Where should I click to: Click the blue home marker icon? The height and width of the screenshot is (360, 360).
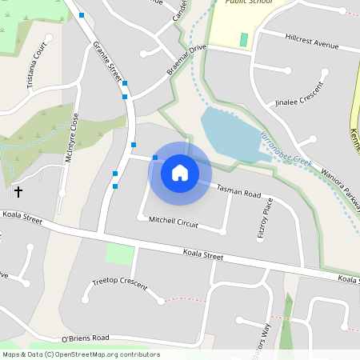pos(180,172)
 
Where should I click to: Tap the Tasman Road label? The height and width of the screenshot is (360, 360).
pos(239,191)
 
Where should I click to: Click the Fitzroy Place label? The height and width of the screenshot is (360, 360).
pos(270,215)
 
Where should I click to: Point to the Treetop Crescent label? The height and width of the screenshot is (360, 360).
pos(120,282)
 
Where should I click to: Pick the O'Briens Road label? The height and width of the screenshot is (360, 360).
pos(79,338)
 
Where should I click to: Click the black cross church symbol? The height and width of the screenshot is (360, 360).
pos(18,192)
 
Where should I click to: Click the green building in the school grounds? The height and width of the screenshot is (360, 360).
pos(244,39)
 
